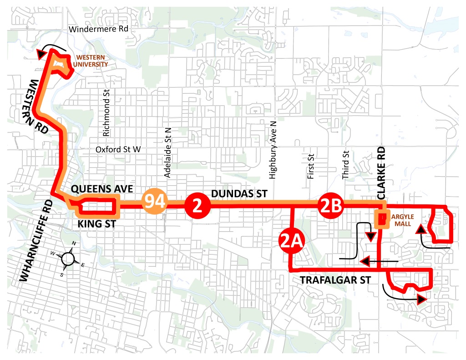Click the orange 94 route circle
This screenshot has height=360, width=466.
pos(156,202)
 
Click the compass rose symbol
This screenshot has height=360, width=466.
pos(68,258)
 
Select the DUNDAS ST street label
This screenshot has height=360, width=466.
pos(239,194)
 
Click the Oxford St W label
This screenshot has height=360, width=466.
pos(118,150)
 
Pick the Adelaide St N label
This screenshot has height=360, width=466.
pos(167,153)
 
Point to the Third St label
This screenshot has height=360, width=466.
pos(345,164)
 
